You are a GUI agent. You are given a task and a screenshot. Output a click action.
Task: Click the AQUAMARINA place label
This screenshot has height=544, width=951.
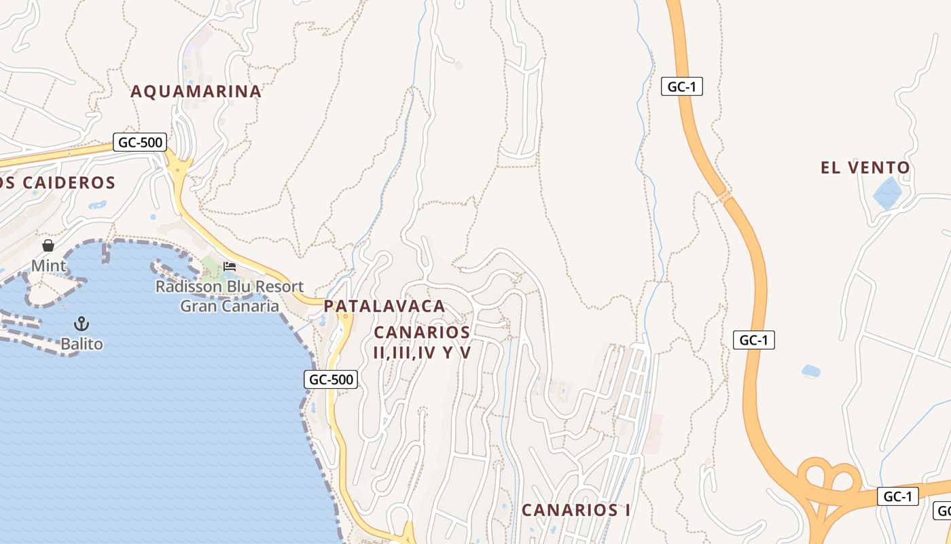click(196, 91)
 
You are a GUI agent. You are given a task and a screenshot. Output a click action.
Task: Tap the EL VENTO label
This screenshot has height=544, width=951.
click(865, 167)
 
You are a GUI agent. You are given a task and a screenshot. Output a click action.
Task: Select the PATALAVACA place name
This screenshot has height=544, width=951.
click(384, 306)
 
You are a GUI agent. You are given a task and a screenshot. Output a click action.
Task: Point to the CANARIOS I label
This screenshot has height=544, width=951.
click(575, 510)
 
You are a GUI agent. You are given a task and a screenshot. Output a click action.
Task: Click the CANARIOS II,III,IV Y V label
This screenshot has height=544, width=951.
click(422, 342)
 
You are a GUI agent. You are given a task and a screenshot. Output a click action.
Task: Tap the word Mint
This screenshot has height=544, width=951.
click(49, 265)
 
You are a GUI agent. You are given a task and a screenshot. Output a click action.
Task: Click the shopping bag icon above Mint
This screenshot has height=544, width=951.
click(48, 245)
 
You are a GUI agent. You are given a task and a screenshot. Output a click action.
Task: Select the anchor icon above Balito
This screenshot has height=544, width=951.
click(82, 324)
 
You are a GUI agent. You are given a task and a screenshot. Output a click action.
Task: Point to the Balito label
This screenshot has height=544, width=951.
click(82, 344)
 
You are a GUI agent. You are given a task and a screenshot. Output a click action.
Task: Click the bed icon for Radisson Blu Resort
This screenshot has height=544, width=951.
click(230, 266)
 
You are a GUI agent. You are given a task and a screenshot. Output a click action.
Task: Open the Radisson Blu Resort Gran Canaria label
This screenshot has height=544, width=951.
click(230, 296)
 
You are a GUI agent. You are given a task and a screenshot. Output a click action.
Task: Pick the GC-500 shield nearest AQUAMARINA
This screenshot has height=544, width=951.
click(139, 143)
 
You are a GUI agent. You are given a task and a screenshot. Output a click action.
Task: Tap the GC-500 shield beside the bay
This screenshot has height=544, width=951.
click(331, 379)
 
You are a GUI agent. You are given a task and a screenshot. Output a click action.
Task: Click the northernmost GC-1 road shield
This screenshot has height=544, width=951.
click(681, 86)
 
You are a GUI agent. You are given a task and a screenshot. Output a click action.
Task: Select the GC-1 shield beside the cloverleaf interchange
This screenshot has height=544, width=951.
click(897, 496)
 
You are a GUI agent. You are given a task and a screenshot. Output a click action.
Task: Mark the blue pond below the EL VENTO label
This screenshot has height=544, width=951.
click(887, 192)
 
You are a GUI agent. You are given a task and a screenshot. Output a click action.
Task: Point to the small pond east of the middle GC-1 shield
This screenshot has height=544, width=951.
click(810, 371)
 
